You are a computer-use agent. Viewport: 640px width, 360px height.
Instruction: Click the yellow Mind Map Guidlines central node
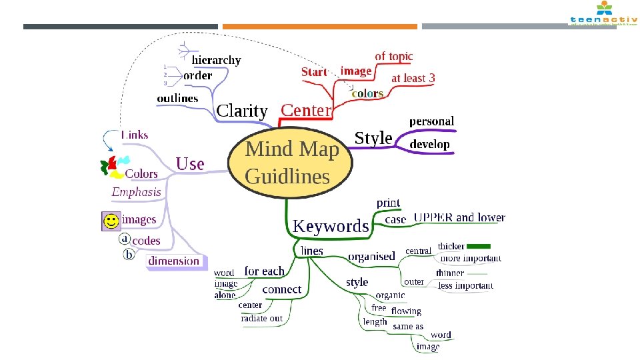288,163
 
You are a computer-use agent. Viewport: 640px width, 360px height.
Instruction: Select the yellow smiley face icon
111,221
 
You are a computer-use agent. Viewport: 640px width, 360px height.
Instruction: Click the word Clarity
242,111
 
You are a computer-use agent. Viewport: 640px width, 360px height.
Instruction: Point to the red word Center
306,110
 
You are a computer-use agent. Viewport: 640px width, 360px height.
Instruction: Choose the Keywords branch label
331,227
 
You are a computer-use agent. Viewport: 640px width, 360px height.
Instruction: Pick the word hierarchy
216,60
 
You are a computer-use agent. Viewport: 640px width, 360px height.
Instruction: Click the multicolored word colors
367,94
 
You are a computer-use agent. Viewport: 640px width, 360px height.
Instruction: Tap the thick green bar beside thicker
479,246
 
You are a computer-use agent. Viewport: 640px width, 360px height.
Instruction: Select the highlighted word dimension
174,261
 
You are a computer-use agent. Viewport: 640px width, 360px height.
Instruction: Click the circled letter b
129,254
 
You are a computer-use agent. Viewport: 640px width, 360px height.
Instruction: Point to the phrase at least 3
413,78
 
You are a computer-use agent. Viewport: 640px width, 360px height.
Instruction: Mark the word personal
431,121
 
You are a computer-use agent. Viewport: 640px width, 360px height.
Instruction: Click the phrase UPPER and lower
459,217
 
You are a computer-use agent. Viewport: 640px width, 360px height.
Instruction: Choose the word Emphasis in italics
136,192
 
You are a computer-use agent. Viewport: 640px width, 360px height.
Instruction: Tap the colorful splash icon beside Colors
113,166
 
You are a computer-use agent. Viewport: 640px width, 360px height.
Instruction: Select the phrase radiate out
261,319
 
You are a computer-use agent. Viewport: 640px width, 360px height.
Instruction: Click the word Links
135,135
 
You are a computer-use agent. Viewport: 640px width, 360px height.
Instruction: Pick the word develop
429,144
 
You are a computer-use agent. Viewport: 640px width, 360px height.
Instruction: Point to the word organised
371,257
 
